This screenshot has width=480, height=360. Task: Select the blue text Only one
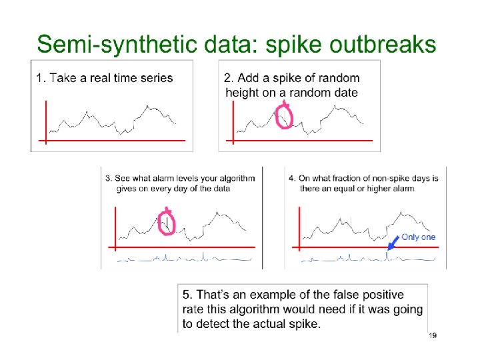point(418,237)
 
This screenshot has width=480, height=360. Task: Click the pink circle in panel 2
point(285,117)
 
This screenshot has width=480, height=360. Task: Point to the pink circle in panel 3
point(167,223)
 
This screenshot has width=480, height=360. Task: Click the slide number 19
point(432,335)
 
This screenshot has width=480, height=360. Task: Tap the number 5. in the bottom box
point(189,295)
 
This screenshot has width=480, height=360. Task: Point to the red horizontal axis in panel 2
point(300,141)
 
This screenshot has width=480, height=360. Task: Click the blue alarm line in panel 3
point(180,258)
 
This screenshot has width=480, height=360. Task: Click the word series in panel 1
point(158,78)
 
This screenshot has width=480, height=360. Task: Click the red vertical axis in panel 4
point(299,227)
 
